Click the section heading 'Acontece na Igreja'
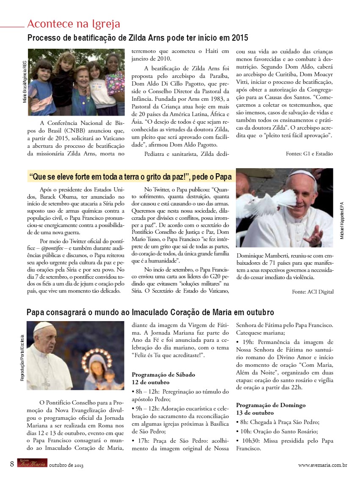point(73,23)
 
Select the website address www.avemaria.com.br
point(323,465)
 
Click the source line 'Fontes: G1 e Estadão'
point(309,153)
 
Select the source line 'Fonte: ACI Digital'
point(313,291)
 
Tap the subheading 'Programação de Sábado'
point(163,374)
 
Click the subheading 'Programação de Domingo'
point(271,405)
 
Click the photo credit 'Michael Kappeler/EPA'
point(342,220)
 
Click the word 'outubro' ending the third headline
point(259,312)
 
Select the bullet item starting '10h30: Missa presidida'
point(285,444)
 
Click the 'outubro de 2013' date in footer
point(66,465)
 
